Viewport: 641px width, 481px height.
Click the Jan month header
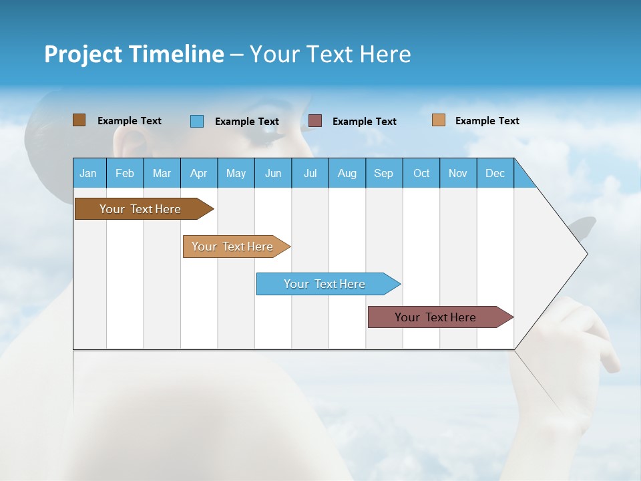88,173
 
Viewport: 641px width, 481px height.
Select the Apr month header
198,173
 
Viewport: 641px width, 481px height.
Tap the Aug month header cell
347,173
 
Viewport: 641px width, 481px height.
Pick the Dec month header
495,173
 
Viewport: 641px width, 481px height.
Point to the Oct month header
421,173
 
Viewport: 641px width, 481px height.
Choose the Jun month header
272,173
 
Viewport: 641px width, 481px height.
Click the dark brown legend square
79,120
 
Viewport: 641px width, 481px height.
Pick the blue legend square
197,121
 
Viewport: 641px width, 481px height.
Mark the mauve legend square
315,121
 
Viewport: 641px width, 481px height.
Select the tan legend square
439,120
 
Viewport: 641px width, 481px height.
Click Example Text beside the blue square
246,122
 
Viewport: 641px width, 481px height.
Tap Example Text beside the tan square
487,121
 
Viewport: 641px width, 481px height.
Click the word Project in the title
83,54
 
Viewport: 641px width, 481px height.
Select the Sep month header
383,173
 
